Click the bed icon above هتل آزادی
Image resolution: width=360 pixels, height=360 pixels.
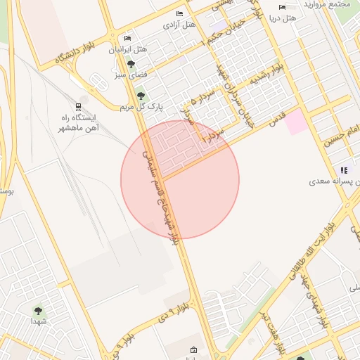(179, 13)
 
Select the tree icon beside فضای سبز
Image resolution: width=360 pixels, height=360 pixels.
(131, 65)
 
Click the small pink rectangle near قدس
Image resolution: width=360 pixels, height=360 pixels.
(295, 122)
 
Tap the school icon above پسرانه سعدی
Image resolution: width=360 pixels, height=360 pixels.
(344, 169)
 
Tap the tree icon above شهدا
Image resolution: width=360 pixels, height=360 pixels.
(37, 309)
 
